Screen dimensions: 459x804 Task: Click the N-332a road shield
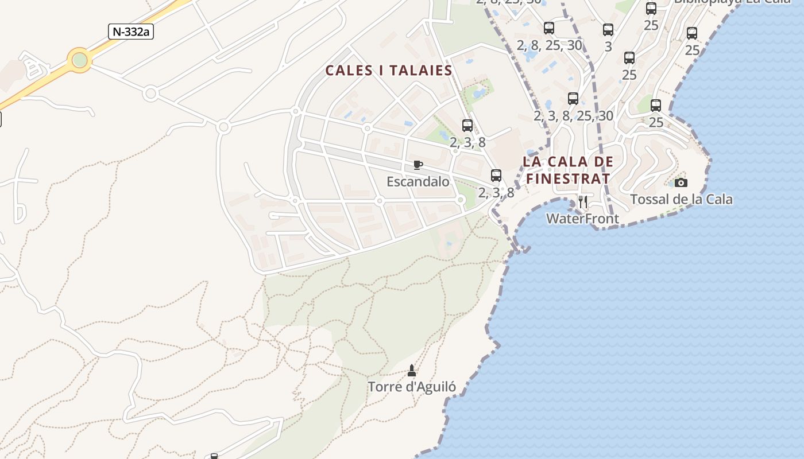[131, 32]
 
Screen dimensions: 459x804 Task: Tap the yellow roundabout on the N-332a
[79, 60]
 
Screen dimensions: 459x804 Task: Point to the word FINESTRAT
[569, 178]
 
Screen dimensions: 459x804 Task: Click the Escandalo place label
[418, 182]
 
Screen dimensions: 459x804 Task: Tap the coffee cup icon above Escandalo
[418, 165]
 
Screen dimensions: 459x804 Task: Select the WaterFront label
[582, 219]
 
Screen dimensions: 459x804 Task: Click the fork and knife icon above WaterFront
[583, 201]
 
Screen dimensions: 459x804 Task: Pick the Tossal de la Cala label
[681, 200]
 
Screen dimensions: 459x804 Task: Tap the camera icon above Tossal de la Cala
[681, 182]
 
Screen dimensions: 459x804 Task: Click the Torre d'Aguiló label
[412, 387]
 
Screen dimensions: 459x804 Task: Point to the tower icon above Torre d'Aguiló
[411, 371]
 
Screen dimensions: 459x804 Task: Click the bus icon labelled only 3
[608, 30]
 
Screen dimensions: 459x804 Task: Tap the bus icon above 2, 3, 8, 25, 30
[573, 99]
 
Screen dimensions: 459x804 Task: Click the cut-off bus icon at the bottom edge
[214, 456]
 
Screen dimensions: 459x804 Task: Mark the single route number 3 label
[608, 47]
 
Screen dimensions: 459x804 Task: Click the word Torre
[385, 387]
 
